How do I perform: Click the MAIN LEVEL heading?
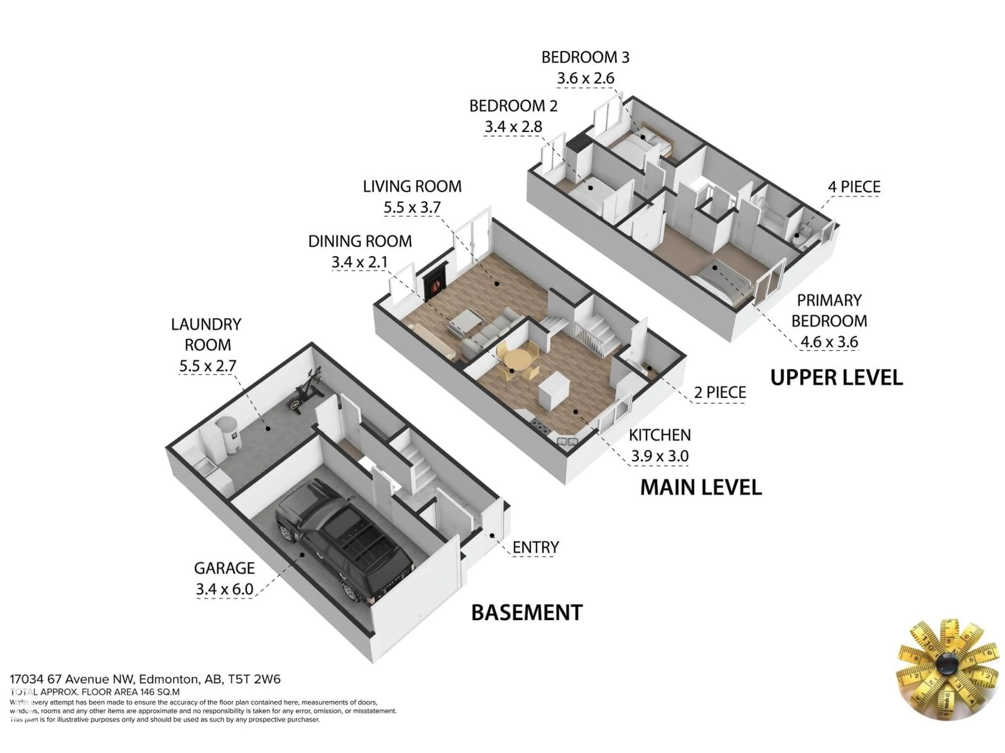[x=701, y=487]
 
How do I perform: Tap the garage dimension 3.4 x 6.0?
[x=225, y=589]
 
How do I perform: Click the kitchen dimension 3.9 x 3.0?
[x=660, y=456]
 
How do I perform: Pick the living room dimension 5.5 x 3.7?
[x=412, y=207]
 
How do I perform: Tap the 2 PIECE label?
[x=720, y=392]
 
